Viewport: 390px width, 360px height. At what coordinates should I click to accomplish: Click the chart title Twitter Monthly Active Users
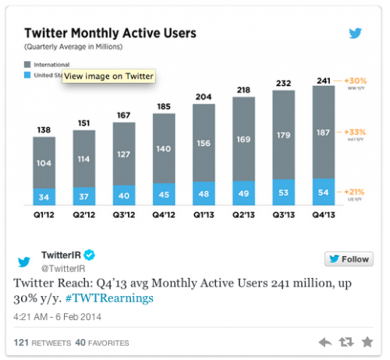pos(109,34)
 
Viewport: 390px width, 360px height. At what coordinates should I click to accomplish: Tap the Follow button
pos(349,259)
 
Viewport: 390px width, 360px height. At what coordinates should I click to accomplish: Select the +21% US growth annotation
pos(355,192)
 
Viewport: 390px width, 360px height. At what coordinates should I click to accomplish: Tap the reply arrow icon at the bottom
pos(325,342)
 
